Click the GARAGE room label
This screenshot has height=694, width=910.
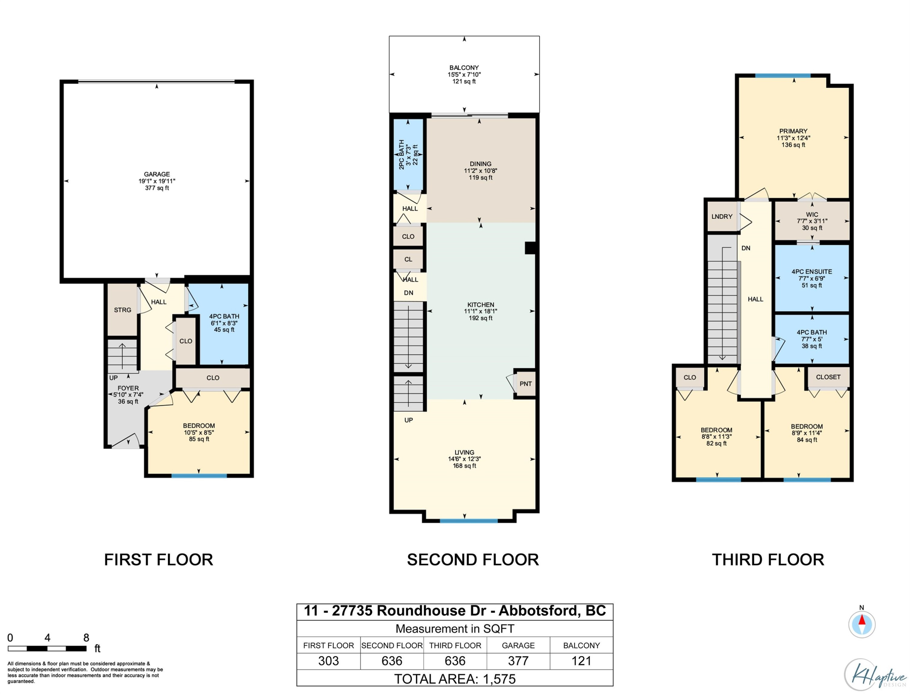pos(157,174)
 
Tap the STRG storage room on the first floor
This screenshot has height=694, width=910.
pos(122,310)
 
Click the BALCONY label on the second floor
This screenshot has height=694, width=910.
pos(464,68)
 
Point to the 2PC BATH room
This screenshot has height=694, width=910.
pos(408,154)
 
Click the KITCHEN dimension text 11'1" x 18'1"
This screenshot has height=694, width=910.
pos(480,311)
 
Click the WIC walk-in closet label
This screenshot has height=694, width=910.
pos(812,215)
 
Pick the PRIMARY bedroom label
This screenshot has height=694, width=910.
pos(793,131)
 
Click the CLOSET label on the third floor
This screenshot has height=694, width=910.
pos(828,377)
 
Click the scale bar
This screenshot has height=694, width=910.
pos(47,648)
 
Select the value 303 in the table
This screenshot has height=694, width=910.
pos(328,661)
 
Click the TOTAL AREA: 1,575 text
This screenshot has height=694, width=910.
pos(455,679)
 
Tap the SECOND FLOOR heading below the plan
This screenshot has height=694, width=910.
pos(473,560)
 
